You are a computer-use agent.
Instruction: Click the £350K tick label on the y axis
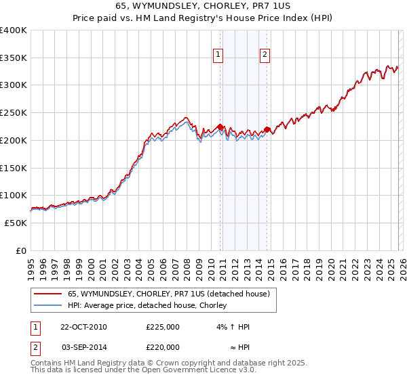coord(14,58)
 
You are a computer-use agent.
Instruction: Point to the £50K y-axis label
coord(16,223)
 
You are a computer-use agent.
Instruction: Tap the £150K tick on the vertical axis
coord(14,168)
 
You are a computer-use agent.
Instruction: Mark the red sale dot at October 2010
coord(220,127)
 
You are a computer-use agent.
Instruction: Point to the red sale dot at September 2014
coord(267,129)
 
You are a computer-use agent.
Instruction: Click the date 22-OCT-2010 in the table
coord(83,327)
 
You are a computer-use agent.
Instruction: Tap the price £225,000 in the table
coord(163,327)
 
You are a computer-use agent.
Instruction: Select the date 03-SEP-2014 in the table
coord(83,347)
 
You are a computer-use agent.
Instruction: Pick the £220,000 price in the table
coord(163,347)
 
